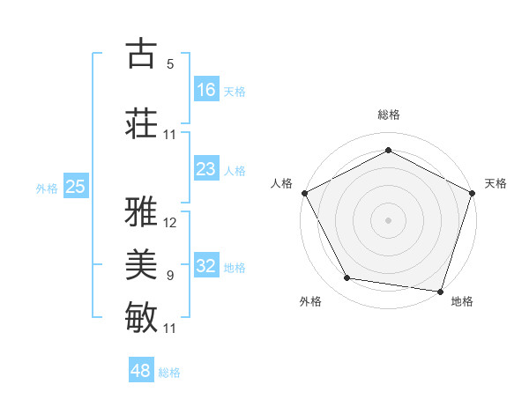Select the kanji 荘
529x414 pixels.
coord(142,123)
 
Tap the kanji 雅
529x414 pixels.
coord(142,212)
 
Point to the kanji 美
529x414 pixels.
coord(142,263)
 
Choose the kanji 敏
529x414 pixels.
coord(142,316)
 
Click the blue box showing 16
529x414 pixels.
coord(206,90)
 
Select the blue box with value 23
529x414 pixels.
coord(206,169)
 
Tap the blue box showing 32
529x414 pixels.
coord(206,266)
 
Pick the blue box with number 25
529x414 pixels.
coord(75,187)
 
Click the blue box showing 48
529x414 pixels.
coord(141,371)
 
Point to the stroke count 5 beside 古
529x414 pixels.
coord(170,63)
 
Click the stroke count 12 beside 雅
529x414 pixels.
coord(170,223)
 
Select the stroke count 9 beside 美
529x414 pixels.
coord(170,275)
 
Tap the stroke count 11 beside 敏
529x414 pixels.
coord(170,328)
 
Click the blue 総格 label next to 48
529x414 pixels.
coord(169,373)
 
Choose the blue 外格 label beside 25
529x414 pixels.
coord(46,189)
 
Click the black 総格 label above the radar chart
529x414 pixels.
coord(389,115)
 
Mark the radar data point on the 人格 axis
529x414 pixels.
coord(304,192)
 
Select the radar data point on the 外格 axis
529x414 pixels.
coord(347,278)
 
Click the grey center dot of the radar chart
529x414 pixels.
coord(389,219)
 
